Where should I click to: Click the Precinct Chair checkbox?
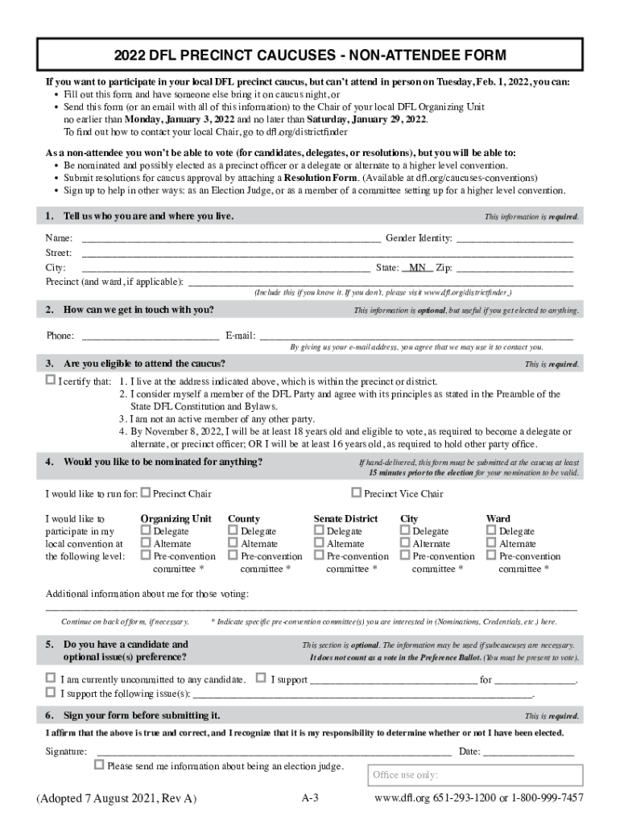pos(146,493)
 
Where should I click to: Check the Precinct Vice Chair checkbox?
pos(357,493)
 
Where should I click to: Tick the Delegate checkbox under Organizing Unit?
pos(146,531)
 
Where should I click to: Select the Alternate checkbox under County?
pos(234,544)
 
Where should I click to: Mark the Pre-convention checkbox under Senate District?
pos(320,556)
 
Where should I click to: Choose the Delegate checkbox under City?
pos(405,531)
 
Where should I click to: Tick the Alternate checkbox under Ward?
pos(492,544)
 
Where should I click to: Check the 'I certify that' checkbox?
pos(51,381)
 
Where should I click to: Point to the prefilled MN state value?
pos(417,267)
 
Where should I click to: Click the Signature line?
pos(273,752)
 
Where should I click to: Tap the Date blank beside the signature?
pos(528,752)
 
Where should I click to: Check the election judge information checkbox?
pos(100,765)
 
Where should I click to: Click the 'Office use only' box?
pos(475,775)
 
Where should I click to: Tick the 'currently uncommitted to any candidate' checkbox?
pos(51,678)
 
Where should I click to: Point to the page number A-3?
pos(311,798)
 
